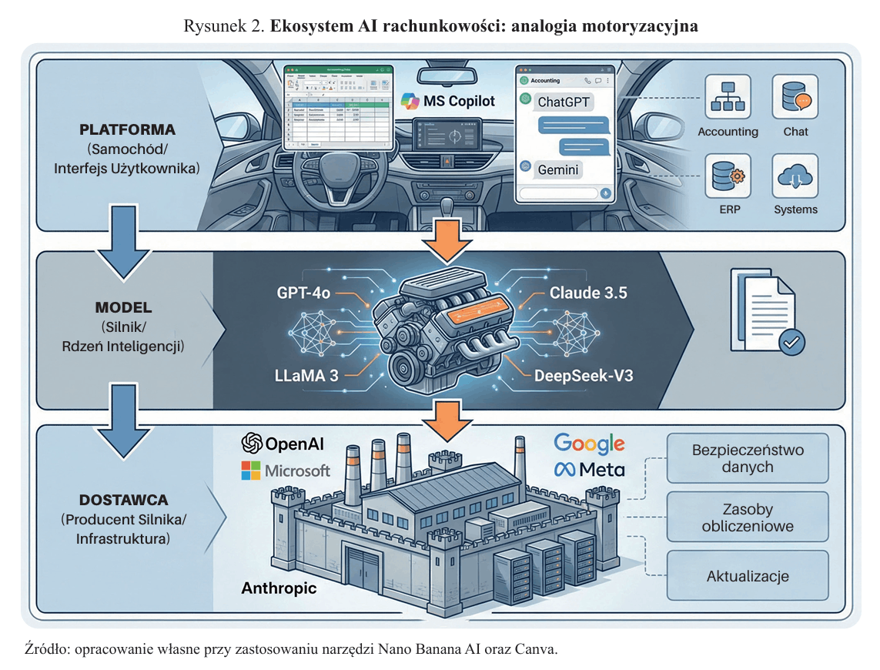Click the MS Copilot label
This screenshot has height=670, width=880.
click(448, 101)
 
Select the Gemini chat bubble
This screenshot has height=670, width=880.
click(559, 169)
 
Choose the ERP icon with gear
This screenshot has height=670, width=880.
click(728, 176)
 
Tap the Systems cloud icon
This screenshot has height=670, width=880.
click(795, 176)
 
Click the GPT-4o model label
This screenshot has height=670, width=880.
click(305, 293)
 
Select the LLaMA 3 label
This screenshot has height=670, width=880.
click(306, 376)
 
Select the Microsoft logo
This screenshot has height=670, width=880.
click(286, 471)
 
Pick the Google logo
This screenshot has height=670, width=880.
click(589, 443)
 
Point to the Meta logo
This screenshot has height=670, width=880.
click(589, 469)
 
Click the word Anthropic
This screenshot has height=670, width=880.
click(279, 589)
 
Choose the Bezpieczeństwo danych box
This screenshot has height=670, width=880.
click(748, 457)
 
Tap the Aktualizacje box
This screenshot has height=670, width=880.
click(748, 576)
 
